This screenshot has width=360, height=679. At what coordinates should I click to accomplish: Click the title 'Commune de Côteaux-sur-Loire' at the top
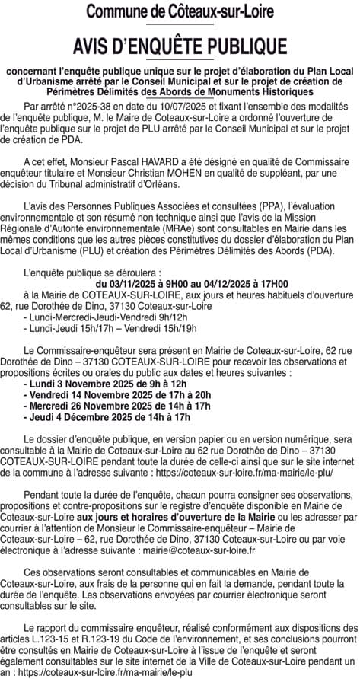180,12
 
